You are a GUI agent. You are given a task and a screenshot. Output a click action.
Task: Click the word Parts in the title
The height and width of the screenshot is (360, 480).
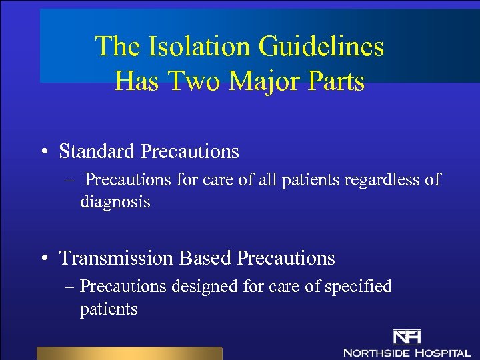pyautogui.click(x=334, y=81)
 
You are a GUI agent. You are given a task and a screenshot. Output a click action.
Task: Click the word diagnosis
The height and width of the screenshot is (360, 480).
pyautogui.click(x=115, y=201)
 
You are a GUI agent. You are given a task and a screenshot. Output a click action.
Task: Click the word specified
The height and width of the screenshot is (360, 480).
pyautogui.click(x=357, y=287)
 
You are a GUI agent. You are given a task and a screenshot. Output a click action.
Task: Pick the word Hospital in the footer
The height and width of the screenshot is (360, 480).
pyautogui.click(x=443, y=352)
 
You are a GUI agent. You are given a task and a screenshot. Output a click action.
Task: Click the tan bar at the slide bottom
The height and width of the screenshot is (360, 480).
pyautogui.click(x=129, y=353)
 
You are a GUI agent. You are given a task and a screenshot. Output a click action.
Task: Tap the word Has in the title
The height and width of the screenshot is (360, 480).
pyautogui.click(x=135, y=81)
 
